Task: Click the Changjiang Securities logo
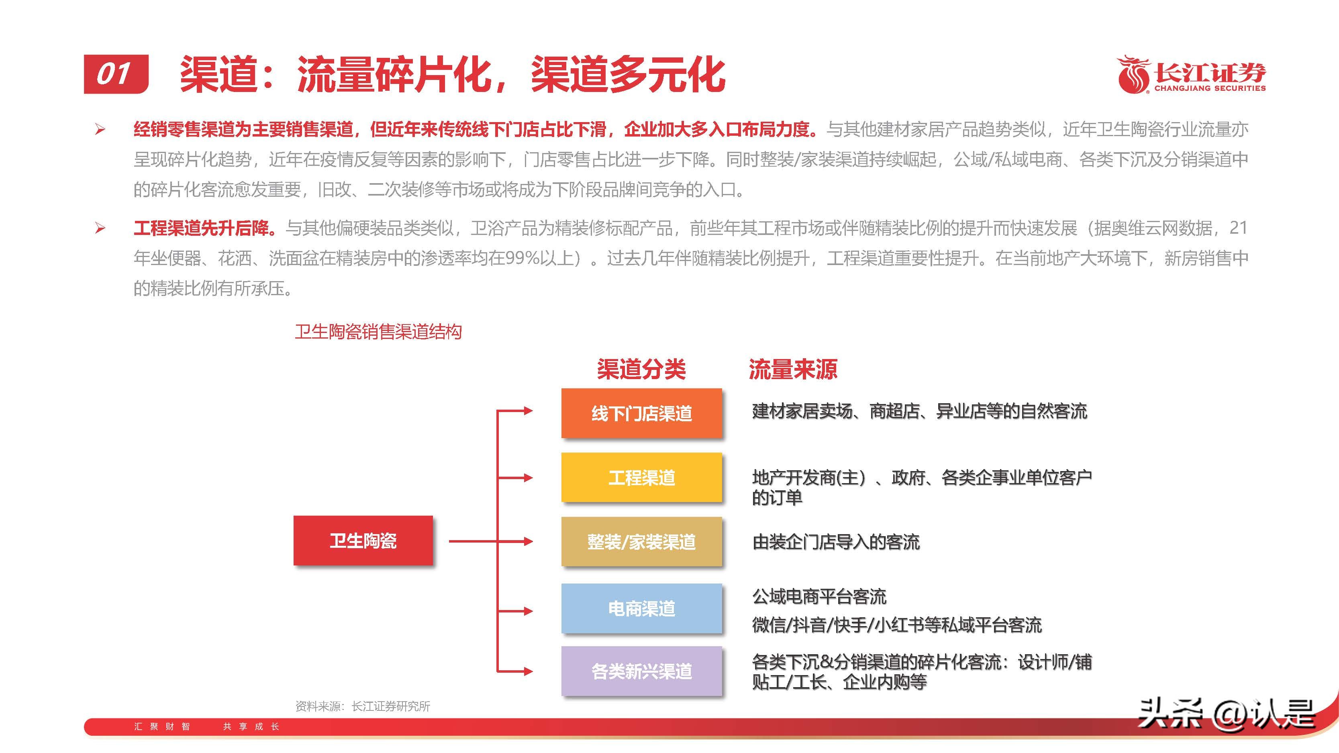pyautogui.click(x=1191, y=75)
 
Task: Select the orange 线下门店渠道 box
pyautogui.click(x=641, y=413)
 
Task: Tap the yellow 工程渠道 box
pyautogui.click(x=641, y=477)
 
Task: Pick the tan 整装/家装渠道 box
pyautogui.click(x=641, y=541)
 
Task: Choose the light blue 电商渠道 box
pyautogui.click(x=641, y=608)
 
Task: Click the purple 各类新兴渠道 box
pyautogui.click(x=641, y=671)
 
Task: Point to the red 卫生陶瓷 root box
pyautogui.click(x=363, y=541)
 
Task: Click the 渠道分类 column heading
pyautogui.click(x=641, y=369)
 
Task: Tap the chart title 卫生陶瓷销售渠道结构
pyautogui.click(x=378, y=332)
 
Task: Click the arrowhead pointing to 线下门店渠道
pyautogui.click(x=528, y=410)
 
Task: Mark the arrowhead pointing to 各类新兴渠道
pyautogui.click(x=528, y=671)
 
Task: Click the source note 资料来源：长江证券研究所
pyautogui.click(x=362, y=706)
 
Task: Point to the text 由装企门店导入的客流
pyautogui.click(x=836, y=542)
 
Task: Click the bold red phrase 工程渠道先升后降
pyautogui.click(x=203, y=228)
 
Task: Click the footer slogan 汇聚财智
pyautogui.click(x=162, y=726)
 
